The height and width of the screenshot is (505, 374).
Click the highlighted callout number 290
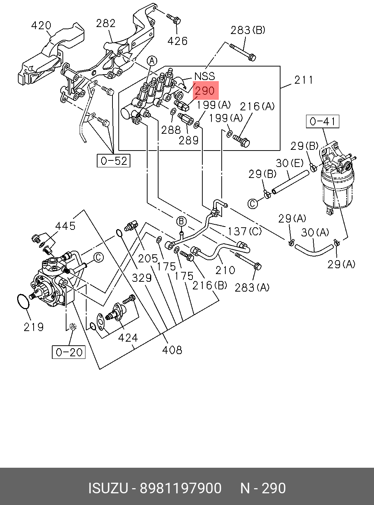point(205,91)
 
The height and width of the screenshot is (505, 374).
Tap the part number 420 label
point(41,25)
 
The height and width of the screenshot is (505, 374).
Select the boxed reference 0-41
point(323,121)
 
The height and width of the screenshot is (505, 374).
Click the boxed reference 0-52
point(114,161)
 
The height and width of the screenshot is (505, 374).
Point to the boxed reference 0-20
point(69,352)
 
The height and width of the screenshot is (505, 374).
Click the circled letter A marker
point(152,61)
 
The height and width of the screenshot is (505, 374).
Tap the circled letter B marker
point(181,221)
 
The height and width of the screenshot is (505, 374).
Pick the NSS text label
point(205,76)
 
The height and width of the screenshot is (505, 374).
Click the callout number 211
point(304,80)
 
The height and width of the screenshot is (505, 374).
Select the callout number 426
point(178,41)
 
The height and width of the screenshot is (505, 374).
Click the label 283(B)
point(248,30)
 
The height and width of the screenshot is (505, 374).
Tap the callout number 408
point(172,350)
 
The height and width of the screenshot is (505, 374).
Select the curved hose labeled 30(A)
point(314,250)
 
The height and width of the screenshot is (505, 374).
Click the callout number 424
point(128,338)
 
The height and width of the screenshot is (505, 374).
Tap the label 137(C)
point(244,231)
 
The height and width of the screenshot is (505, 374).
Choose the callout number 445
point(65,226)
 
